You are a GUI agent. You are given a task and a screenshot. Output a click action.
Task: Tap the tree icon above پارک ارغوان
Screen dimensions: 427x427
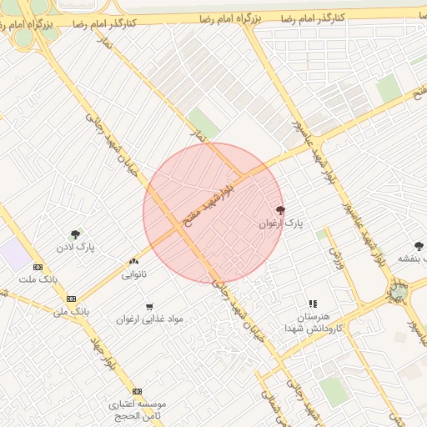coord(279,210)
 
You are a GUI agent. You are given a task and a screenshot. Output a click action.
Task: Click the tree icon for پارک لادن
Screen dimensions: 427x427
coord(76,235)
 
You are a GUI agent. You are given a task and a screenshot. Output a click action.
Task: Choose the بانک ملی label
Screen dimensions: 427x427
coord(70,311)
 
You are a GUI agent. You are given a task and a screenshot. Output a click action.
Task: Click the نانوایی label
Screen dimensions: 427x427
coord(134,274)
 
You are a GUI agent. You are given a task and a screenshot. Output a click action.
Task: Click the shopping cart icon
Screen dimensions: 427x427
coord(149,307)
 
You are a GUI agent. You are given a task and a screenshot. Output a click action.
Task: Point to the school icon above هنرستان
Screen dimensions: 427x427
coord(312,304)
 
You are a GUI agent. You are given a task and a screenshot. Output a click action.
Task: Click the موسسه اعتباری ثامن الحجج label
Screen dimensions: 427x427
coord(138,409)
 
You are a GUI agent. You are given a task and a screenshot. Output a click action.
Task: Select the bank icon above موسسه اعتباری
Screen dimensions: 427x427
coord(137,391)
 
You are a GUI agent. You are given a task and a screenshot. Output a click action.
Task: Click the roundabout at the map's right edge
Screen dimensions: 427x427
coord(399,293)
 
